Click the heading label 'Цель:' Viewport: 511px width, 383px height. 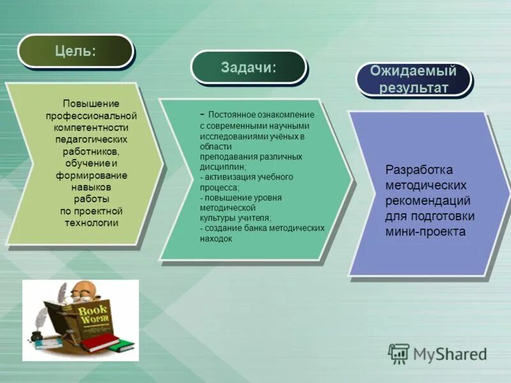point(75,50)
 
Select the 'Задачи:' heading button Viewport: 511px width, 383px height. point(248,67)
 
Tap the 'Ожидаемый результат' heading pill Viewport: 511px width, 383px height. point(413,79)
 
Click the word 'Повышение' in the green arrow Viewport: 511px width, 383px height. point(91,103)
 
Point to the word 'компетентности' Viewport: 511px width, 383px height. point(91,127)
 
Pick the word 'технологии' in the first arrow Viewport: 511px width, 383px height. point(91,223)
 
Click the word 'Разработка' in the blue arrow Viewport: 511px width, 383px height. point(419,170)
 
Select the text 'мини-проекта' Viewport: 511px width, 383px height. point(425,232)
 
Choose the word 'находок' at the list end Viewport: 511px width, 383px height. point(216,238)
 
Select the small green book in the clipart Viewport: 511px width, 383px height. point(121,347)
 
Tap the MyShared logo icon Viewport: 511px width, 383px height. point(399,353)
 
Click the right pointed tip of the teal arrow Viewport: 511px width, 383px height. point(351,179)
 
